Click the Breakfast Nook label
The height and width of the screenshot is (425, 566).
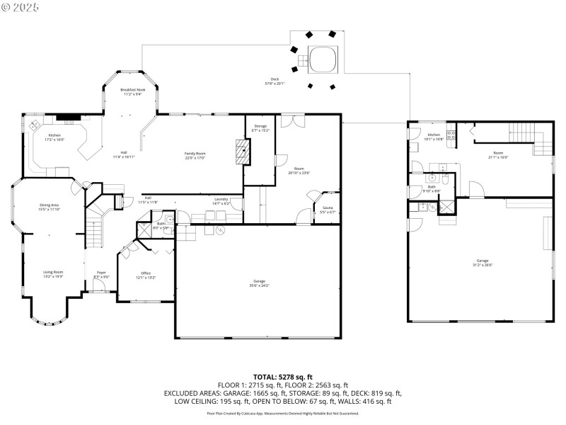click(132, 91)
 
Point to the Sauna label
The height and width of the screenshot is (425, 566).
click(326, 209)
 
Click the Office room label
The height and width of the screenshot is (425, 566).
click(146, 275)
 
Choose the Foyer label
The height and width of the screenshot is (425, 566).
click(100, 275)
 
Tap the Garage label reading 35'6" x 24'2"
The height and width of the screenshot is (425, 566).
click(260, 283)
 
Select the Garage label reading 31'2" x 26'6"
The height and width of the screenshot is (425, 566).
click(483, 263)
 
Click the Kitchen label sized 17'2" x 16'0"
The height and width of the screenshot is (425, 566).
click(54, 137)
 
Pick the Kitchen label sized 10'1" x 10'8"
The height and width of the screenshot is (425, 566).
click(434, 136)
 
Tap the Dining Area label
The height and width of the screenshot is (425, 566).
click(50, 207)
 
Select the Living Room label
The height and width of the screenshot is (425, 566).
click(53, 273)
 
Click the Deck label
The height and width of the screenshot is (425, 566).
click(274, 81)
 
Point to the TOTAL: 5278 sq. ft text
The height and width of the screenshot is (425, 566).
click(282, 376)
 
